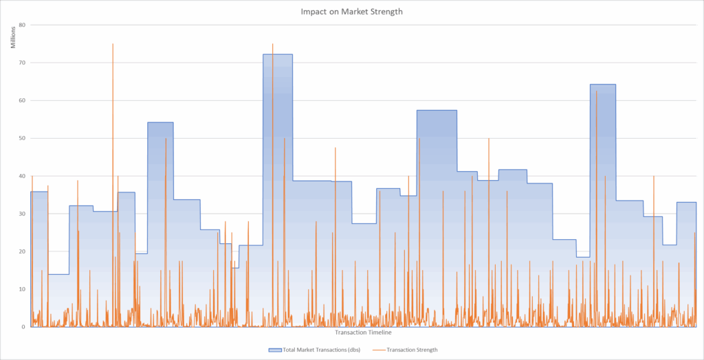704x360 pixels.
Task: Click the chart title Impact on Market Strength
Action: click(351, 12)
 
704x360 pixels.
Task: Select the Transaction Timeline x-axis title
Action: click(363, 333)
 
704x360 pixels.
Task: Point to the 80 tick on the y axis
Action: click(22, 25)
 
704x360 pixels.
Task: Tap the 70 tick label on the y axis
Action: click(22, 63)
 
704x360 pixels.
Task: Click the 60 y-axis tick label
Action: click(22, 100)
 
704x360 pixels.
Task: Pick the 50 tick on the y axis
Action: click(22, 138)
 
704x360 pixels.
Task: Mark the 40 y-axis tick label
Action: click(22, 176)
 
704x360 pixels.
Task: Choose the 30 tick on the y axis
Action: click(22, 214)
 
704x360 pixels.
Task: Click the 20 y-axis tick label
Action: click(22, 251)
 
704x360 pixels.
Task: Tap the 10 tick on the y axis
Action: click(22, 289)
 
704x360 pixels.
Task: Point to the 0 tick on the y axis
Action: click(24, 327)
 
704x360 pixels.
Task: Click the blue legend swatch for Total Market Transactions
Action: click(274, 350)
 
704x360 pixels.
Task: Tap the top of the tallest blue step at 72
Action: click(278, 54)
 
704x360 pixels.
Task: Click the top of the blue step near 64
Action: click(602, 85)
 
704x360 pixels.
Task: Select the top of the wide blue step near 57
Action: click(437, 111)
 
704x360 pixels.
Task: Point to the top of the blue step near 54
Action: click(160, 122)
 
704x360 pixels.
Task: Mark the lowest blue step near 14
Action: click(58, 274)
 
